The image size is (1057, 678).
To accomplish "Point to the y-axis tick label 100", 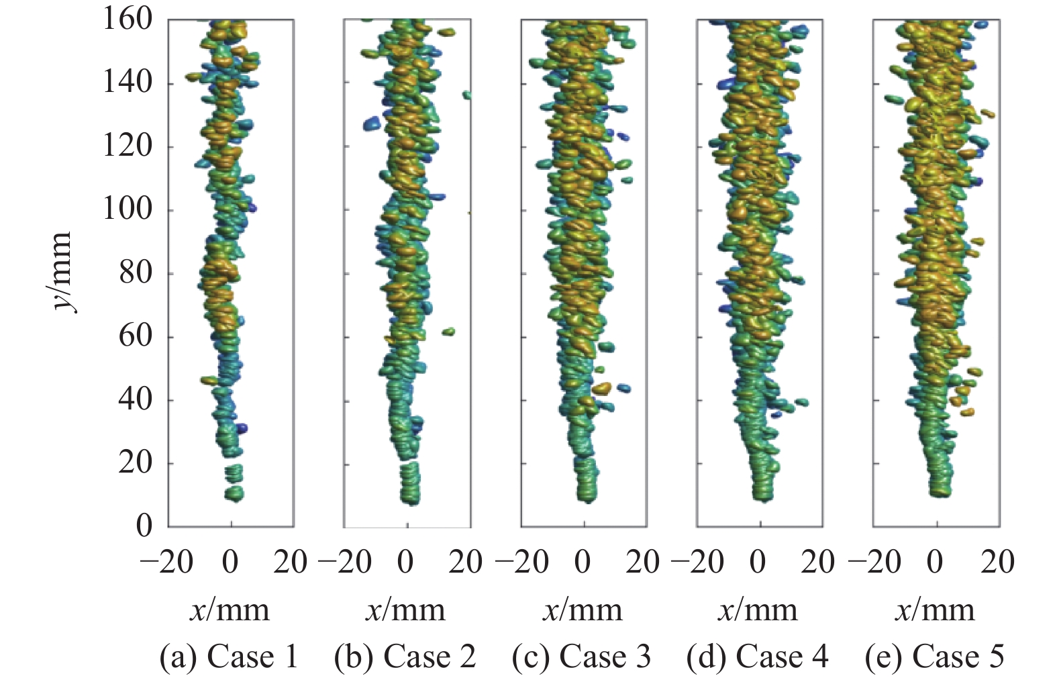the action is tap(128, 210).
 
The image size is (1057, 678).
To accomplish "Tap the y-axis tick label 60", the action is tap(136, 337).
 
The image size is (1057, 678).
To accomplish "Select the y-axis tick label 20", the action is tap(136, 464).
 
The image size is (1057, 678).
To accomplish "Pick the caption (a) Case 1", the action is tap(229, 657).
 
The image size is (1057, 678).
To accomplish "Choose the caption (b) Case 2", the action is tap(405, 657).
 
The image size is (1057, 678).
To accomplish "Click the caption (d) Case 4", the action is tap(758, 657).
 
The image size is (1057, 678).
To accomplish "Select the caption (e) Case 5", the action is tap(935, 657).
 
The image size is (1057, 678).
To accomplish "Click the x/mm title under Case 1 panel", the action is tap(230, 610).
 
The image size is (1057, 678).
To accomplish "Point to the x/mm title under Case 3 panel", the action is tap(583, 610).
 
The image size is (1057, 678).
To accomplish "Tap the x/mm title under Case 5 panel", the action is tap(935, 610).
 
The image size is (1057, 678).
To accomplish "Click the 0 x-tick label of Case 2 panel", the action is tap(406, 563).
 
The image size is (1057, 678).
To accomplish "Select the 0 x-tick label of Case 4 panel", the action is tap(758, 563).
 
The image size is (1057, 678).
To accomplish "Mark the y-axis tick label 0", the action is tap(145, 526).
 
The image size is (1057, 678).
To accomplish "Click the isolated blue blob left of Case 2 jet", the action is tap(372, 124).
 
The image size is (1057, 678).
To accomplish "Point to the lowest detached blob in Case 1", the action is tap(234, 494).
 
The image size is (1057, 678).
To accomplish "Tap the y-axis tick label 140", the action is tap(128, 83).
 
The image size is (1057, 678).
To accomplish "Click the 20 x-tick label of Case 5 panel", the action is tap(997, 563).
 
